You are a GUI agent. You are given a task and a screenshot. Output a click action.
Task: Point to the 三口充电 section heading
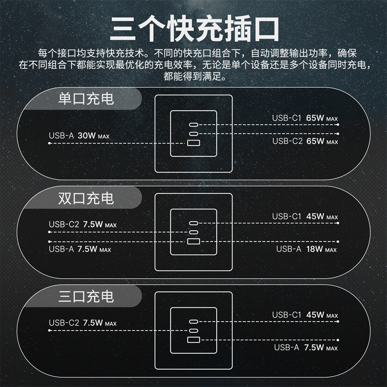(x=86, y=297)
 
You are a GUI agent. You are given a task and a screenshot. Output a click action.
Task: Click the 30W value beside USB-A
(x=87, y=136)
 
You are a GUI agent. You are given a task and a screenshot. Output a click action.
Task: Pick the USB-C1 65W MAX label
(x=305, y=118)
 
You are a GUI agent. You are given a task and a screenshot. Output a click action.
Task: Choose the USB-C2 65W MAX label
(x=305, y=141)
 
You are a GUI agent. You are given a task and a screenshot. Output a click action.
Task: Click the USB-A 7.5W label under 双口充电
(x=80, y=249)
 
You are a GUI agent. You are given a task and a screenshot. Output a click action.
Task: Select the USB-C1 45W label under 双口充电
(x=305, y=217)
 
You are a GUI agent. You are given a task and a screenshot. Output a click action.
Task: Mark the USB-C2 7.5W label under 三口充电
(x=82, y=323)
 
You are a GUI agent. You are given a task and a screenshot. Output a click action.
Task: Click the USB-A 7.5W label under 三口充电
(x=306, y=348)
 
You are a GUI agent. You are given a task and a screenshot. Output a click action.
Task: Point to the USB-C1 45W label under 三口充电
(x=305, y=315)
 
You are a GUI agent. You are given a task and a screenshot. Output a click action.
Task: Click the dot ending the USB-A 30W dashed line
(x=50, y=143)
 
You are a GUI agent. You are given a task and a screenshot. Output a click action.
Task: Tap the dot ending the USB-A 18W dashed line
(x=338, y=241)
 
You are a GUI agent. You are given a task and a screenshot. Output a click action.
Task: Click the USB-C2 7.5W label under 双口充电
(x=82, y=224)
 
